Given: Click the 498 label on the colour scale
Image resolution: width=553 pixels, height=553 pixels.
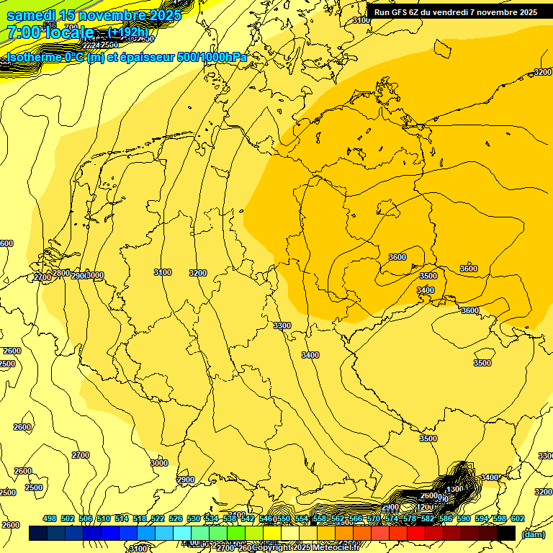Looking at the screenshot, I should pos(50,518).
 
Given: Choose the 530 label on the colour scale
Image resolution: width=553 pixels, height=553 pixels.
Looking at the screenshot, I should pos(194,518).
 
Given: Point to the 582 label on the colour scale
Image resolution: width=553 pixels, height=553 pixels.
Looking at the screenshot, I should pos(428,518).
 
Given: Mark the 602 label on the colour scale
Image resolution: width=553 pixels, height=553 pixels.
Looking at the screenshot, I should pos(518,518).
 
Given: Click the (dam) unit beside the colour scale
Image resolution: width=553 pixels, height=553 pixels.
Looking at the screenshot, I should pos(533,534).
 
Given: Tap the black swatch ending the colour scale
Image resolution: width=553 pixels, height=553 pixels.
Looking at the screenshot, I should pos(506,534).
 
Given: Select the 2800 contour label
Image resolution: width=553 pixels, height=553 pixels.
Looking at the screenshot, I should pos(61,274).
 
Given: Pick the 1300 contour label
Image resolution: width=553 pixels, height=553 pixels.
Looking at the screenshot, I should pos(455,490).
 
